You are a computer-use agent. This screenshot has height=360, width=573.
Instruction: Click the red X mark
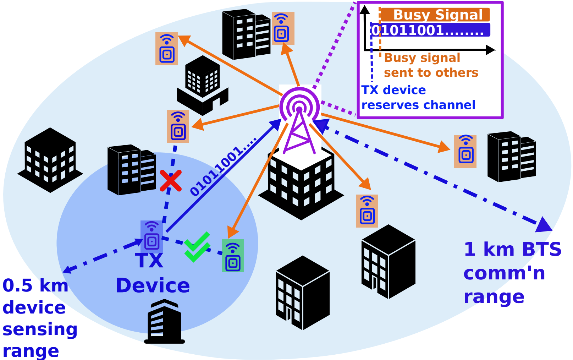point(171,181)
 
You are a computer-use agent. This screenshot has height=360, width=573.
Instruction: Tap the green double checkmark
point(197,247)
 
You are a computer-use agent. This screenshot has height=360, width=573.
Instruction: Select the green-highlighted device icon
point(233,256)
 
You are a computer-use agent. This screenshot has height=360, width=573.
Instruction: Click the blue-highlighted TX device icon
point(152,236)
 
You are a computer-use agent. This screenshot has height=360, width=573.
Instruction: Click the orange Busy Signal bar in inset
point(436,15)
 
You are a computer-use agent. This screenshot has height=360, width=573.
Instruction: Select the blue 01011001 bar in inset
point(430,30)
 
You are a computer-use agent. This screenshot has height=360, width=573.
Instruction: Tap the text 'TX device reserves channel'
point(418,98)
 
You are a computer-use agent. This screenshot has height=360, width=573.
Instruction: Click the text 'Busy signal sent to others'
point(430,65)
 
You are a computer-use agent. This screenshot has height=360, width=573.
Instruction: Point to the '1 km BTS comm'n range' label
point(512,273)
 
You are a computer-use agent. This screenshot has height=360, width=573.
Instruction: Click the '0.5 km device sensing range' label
point(39,318)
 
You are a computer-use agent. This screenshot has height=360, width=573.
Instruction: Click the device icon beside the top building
point(283,28)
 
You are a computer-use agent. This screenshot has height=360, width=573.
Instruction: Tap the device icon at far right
point(465,151)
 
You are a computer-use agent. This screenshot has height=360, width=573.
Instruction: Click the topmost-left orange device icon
point(166,49)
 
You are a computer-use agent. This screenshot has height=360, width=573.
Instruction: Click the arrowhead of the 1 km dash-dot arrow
point(544,225)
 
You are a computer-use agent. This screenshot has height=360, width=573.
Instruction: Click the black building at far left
point(50,160)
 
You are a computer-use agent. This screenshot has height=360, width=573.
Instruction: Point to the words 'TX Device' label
point(153,273)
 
